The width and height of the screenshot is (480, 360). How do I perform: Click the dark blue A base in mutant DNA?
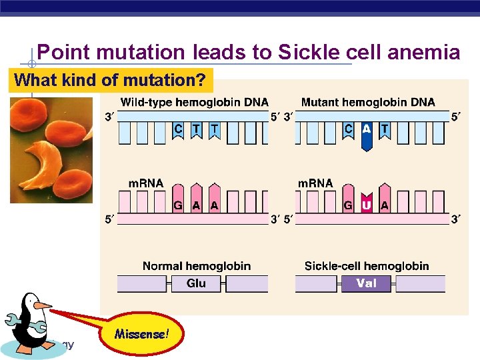tap(366, 133)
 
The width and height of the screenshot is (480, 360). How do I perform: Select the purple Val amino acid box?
tap(366, 283)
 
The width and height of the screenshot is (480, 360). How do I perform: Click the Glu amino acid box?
tap(196, 283)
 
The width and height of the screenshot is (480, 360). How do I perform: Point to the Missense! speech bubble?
tap(141, 333)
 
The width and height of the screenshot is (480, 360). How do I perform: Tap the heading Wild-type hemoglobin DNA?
tap(194, 102)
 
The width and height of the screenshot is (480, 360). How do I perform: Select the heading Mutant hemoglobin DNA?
tap(368, 102)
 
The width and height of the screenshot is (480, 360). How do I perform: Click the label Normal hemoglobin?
tap(197, 266)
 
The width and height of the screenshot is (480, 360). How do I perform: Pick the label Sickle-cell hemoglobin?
tap(367, 266)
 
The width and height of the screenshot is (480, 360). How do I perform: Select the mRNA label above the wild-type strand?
tap(145, 183)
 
